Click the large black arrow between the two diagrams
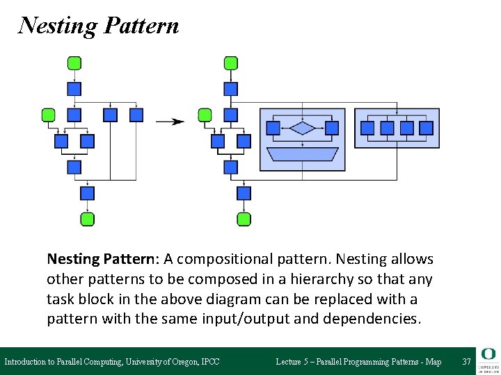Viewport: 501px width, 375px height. tap(170, 122)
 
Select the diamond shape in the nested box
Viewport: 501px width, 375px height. tap(302, 128)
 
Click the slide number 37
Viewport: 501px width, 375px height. tap(466, 362)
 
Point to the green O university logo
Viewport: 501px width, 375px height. tap(488, 354)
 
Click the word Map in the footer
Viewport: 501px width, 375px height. tap(434, 362)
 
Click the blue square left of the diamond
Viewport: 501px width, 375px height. tap(273, 128)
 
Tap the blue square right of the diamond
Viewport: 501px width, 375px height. tap(332, 128)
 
